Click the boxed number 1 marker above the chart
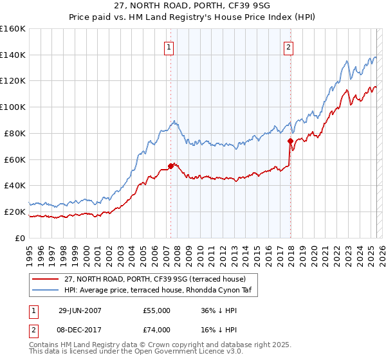(169, 46)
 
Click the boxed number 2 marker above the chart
(289, 46)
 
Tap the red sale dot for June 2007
(170, 166)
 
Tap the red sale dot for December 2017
(290, 141)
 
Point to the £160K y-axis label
(13, 29)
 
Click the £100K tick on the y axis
(13, 107)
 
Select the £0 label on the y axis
(20, 238)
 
